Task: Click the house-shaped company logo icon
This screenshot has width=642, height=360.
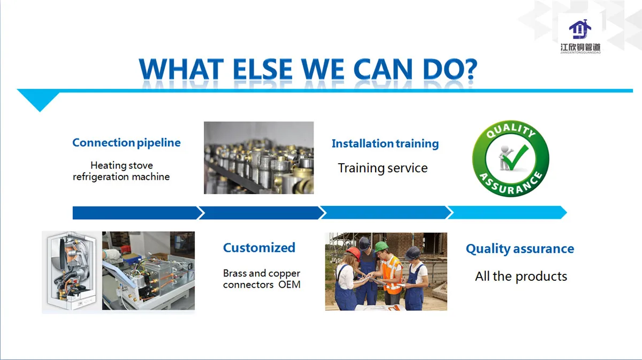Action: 580,29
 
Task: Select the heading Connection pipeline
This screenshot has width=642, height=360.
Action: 126,143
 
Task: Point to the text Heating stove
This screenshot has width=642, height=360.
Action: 121,165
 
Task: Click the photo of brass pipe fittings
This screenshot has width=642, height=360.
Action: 258,158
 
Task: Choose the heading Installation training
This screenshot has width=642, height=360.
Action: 385,143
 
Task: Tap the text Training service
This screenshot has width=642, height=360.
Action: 383,168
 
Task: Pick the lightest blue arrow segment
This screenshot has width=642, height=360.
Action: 507,212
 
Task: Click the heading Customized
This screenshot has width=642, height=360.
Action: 259,248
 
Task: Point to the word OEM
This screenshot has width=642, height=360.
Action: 289,285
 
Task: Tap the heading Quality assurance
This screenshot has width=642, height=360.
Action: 520,249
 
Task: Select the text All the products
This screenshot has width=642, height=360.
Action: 521,277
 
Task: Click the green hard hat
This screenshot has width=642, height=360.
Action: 381,246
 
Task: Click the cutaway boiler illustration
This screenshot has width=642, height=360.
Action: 72,271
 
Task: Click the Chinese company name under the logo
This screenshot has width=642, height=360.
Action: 580,47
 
